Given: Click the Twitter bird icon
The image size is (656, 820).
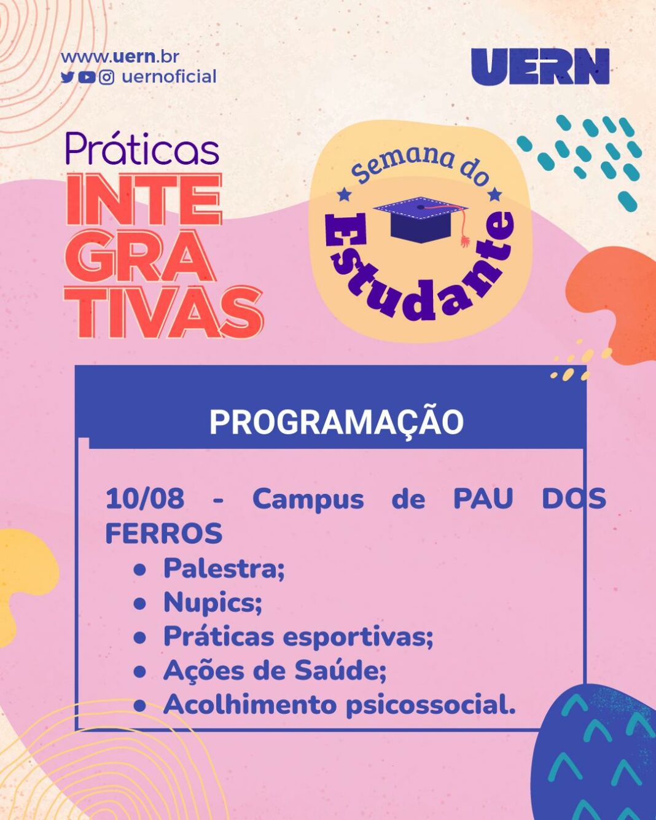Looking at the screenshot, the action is pos(67,77).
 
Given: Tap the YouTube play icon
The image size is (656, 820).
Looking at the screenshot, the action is pos(87,78).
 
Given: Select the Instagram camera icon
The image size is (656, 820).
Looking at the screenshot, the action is pos(107,77).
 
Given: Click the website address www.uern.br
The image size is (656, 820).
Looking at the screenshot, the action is pos(120,57).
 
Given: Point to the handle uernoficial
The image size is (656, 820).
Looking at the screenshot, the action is pos(170,77).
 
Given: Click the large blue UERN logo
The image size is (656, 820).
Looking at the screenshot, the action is pos(540,66).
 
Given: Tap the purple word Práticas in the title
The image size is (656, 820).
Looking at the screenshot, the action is pos(143,149).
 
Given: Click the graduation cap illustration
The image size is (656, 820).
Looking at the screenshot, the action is pos(421,219).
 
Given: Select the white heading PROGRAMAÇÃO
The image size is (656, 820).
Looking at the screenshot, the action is pos(337,422).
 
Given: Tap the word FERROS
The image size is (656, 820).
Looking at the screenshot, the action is pos(164,533).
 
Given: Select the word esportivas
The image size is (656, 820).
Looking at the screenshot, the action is pos(357,637).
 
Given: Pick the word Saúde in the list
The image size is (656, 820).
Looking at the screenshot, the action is pos(340,671).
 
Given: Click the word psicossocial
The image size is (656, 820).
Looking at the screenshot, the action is pos(431,706).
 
